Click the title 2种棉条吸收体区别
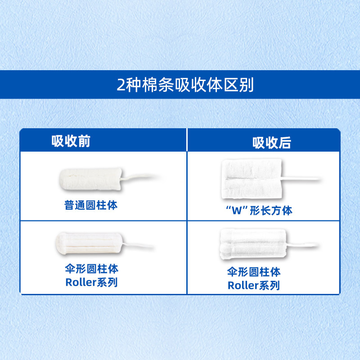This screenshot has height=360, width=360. coord(180,85)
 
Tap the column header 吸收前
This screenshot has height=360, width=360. coord(71,141)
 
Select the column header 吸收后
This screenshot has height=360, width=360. coord(272,143)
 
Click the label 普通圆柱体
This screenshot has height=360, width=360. coord(91,206)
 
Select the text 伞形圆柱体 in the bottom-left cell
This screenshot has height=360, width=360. coord(92,269)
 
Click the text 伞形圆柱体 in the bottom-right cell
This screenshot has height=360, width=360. coord(254,272)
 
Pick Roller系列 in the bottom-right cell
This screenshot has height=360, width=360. coord(254,285)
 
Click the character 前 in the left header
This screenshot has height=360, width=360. coord(84,141)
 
